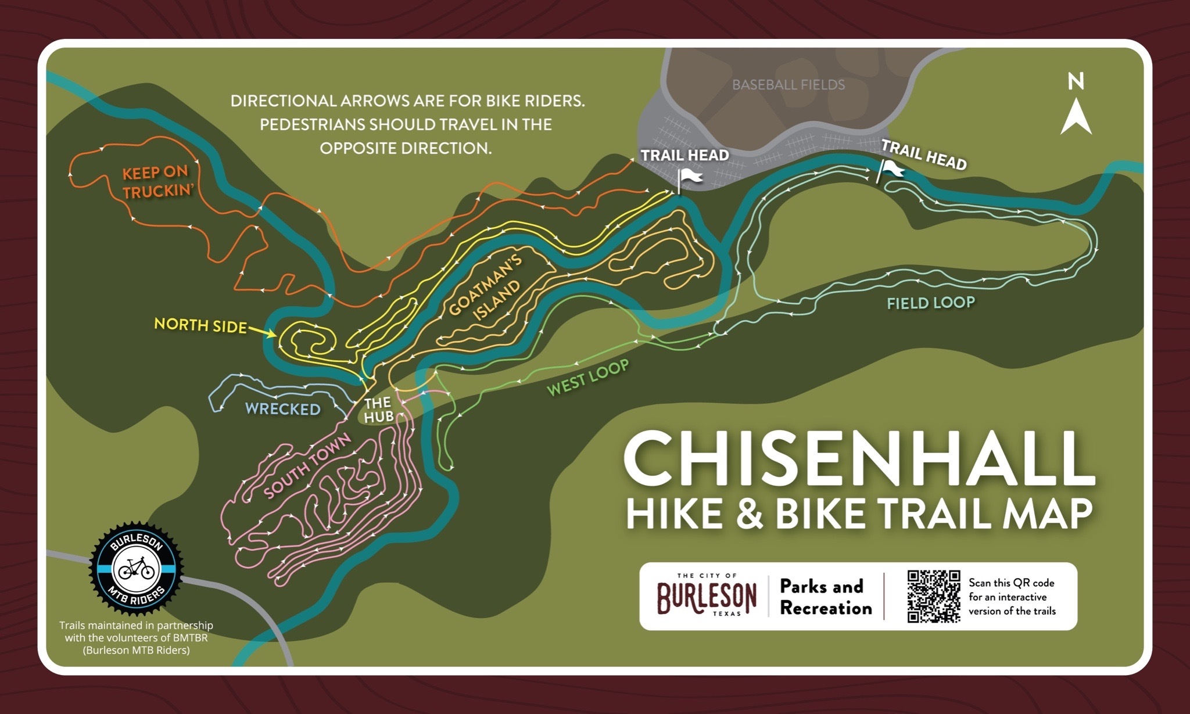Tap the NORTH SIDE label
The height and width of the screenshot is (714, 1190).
point(200,325)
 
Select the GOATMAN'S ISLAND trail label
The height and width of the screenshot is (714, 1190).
point(486,288)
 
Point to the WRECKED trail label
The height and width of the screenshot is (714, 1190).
point(283,409)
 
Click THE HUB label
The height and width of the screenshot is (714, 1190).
point(378,410)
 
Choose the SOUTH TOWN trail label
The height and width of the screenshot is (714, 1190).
point(308,466)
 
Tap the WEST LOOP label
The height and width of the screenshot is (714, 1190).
point(588,377)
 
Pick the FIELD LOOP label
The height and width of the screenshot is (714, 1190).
point(930,303)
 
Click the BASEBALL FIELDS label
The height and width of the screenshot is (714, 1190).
point(788,85)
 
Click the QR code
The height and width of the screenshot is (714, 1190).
point(934,596)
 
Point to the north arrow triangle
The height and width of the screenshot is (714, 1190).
point(1076,117)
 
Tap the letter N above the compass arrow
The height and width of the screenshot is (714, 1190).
point(1076,81)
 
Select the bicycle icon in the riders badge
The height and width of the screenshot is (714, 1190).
point(136,568)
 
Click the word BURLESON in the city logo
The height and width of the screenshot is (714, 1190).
point(707,597)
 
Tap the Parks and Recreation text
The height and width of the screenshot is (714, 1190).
point(826,597)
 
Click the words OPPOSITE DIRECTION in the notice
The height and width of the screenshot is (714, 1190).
point(406,148)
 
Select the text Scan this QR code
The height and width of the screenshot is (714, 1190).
point(1011,583)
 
